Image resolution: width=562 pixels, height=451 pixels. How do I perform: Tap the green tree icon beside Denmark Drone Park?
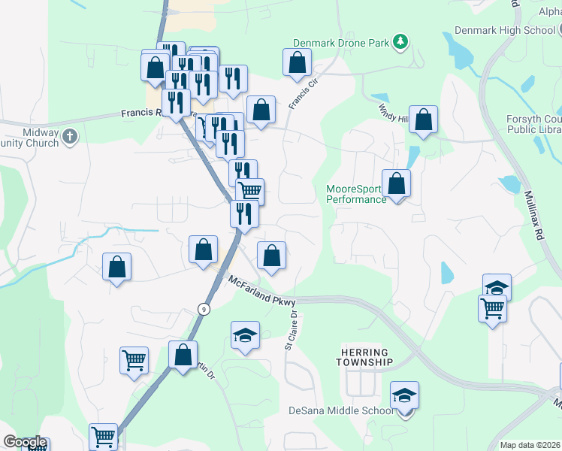401,42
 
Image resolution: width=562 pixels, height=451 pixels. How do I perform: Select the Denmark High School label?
503,31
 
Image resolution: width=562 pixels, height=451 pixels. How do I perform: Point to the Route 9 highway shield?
203,309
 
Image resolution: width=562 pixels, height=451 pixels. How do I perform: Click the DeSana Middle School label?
341,410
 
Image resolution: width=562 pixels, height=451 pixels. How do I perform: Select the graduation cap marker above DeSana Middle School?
404,396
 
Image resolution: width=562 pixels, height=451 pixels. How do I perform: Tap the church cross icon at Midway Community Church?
70,136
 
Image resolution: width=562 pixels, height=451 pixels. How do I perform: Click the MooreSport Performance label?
356,194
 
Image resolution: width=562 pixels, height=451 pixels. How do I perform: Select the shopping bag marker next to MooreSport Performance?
396,184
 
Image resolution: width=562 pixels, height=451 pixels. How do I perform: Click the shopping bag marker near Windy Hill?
424,120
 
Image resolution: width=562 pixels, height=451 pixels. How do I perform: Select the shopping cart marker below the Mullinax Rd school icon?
492,308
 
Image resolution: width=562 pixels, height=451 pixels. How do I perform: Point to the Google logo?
24,443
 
